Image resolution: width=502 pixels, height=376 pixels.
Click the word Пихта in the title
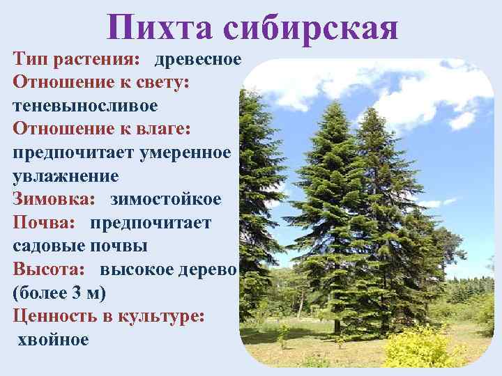162,28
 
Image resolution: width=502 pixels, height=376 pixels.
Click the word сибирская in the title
311,28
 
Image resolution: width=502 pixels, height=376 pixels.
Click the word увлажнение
66,175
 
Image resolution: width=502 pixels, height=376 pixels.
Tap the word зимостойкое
165,199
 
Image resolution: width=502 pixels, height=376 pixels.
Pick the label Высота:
49,269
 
